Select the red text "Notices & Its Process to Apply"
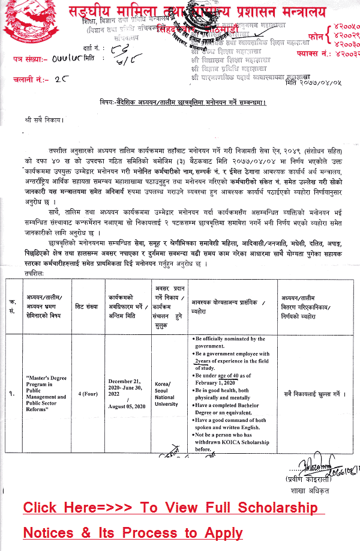pyautogui.click(x=133, y=533)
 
